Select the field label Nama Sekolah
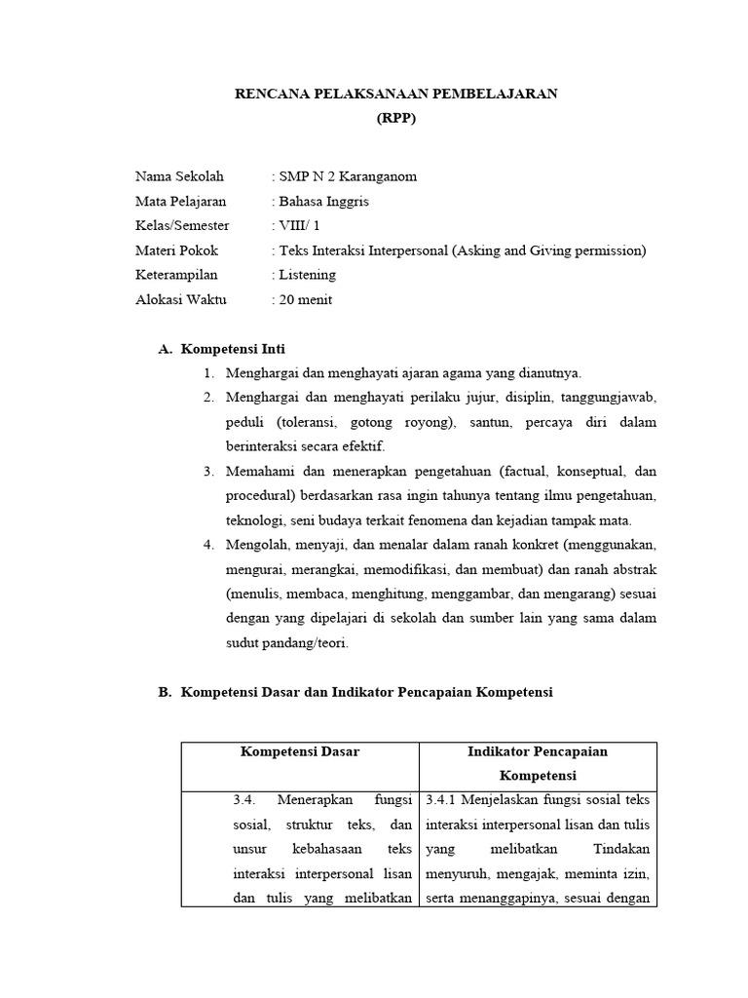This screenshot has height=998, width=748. [x=179, y=176]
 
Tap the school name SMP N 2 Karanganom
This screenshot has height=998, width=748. [x=348, y=176]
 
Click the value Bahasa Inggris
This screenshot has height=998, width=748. [x=324, y=201]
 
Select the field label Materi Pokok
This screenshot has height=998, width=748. [x=176, y=250]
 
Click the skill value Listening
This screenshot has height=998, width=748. [x=307, y=275]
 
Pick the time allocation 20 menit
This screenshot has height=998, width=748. [x=305, y=299]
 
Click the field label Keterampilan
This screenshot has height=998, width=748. [x=176, y=275]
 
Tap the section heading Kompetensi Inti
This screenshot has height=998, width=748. [x=234, y=349]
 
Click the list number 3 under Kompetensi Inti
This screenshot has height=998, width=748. [x=208, y=472]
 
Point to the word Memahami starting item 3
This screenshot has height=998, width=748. [x=256, y=472]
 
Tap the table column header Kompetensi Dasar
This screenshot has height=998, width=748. [x=300, y=751]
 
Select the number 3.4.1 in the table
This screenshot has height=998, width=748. [x=443, y=800]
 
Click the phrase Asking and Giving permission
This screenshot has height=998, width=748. [x=546, y=250]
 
